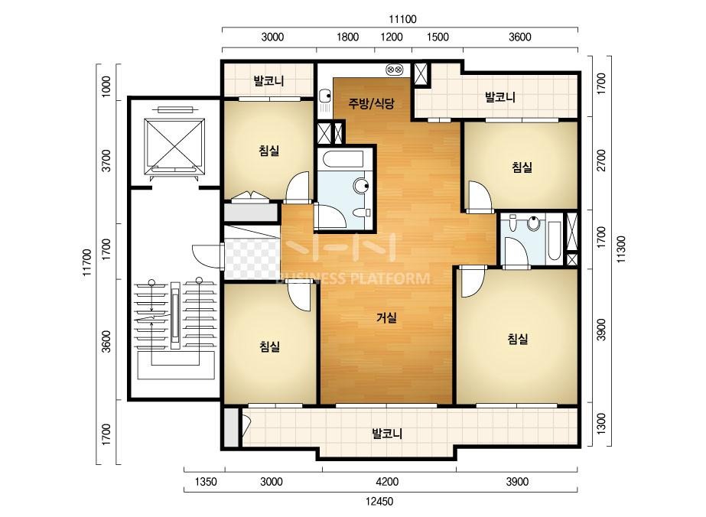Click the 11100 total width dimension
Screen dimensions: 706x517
pyautogui.click(x=402, y=19)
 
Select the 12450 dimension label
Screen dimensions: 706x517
pyautogui.click(x=379, y=502)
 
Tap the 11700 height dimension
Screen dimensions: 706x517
pyautogui.click(x=87, y=262)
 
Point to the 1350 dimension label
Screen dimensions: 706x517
pyautogui.click(x=206, y=482)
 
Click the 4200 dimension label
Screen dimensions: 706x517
pyautogui.click(x=387, y=482)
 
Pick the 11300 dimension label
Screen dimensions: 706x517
pyautogui.click(x=621, y=249)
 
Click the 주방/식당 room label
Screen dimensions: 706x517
pyautogui.click(x=371, y=103)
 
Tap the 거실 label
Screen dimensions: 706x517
pyautogui.click(x=386, y=318)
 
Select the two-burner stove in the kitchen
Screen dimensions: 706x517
pyautogui.click(x=395, y=70)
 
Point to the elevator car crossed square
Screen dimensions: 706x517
pyautogui.click(x=174, y=145)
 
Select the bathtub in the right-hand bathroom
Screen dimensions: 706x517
pyautogui.click(x=553, y=240)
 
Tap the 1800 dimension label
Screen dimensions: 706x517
pyautogui.click(x=347, y=37)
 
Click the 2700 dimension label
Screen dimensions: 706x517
pyautogui.click(x=601, y=161)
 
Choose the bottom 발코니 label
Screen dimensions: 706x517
pyautogui.click(x=387, y=434)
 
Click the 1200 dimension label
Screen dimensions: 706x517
pyautogui.click(x=392, y=37)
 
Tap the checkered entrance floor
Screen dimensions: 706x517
pyautogui.click(x=251, y=258)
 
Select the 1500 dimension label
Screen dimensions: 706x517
pyautogui.click(x=438, y=37)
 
